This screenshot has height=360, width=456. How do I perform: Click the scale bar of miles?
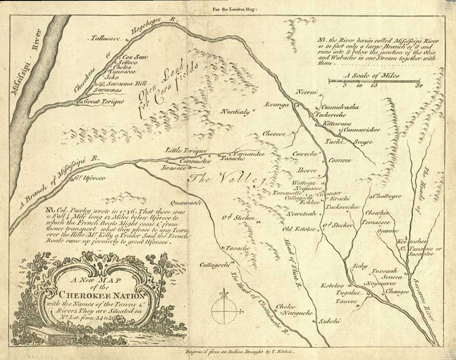pyautogui.click(x=374, y=81)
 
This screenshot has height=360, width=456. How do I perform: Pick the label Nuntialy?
pyautogui.click(x=235, y=112)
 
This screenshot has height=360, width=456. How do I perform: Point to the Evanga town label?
pyautogui.click(x=278, y=104)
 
